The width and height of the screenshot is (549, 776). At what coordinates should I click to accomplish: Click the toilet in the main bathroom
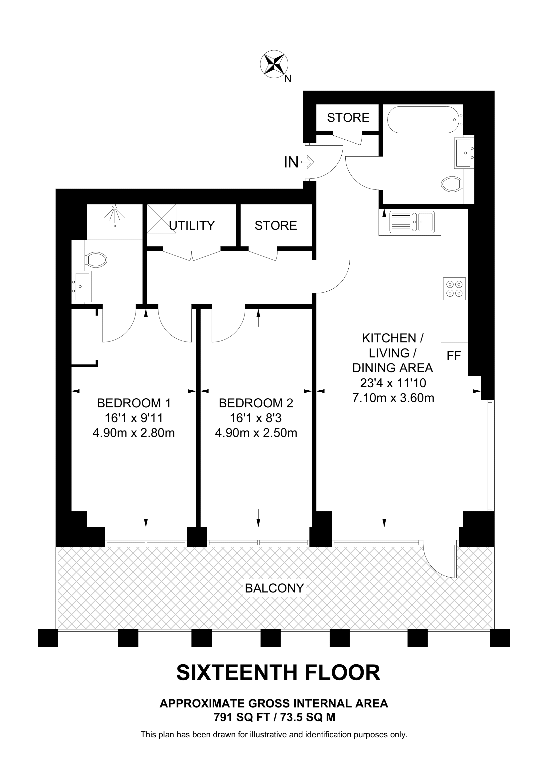pyautogui.click(x=452, y=184)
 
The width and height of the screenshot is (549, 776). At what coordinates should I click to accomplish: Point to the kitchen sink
pyautogui.click(x=412, y=222)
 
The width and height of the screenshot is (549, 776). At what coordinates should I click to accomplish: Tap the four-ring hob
pyautogui.click(x=454, y=289)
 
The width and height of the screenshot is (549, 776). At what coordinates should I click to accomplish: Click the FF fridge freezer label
pyautogui.click(x=454, y=356)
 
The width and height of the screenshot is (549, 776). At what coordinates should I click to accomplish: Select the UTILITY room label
pyautogui.click(x=192, y=225)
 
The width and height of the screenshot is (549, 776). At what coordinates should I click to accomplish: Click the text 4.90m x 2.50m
pyautogui.click(x=256, y=433)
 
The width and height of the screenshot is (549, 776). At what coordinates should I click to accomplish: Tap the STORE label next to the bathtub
pyautogui.click(x=348, y=118)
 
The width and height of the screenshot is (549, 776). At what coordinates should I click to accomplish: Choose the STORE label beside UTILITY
pyautogui.click(x=276, y=225)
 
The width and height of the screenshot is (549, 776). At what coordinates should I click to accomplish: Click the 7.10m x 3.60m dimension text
pyautogui.click(x=393, y=398)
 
